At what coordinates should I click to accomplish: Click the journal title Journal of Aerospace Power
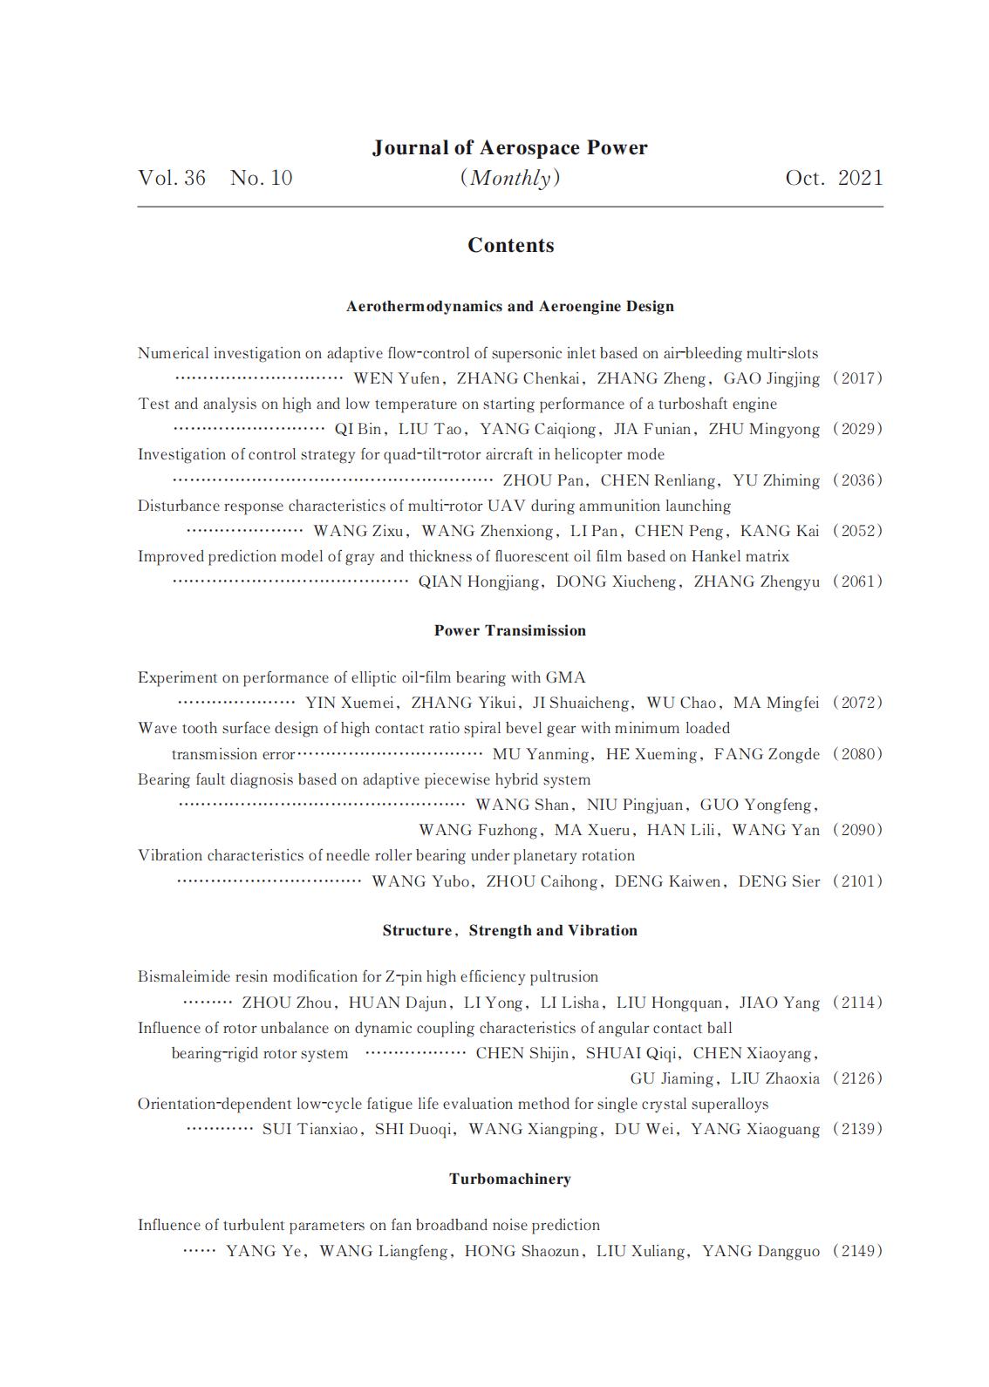tap(509, 148)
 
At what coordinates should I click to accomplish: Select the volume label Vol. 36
tap(172, 178)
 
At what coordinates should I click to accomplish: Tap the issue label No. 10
tap(261, 178)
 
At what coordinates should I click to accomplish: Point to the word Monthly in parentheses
tap(510, 178)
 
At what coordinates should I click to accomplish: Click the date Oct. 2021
tap(834, 178)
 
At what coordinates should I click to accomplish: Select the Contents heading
tap(510, 245)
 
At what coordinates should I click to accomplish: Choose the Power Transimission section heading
tap(509, 630)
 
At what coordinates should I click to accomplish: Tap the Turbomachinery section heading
tap(509, 1179)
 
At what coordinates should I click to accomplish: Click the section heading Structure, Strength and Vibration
tap(509, 930)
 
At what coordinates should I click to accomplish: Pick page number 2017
tap(857, 378)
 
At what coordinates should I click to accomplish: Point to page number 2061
tap(857, 581)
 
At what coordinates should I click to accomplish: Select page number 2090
tap(857, 830)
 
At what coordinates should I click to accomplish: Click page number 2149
tap(857, 1251)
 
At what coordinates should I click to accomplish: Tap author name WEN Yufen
tap(396, 378)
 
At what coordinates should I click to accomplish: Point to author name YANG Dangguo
tap(761, 1251)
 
